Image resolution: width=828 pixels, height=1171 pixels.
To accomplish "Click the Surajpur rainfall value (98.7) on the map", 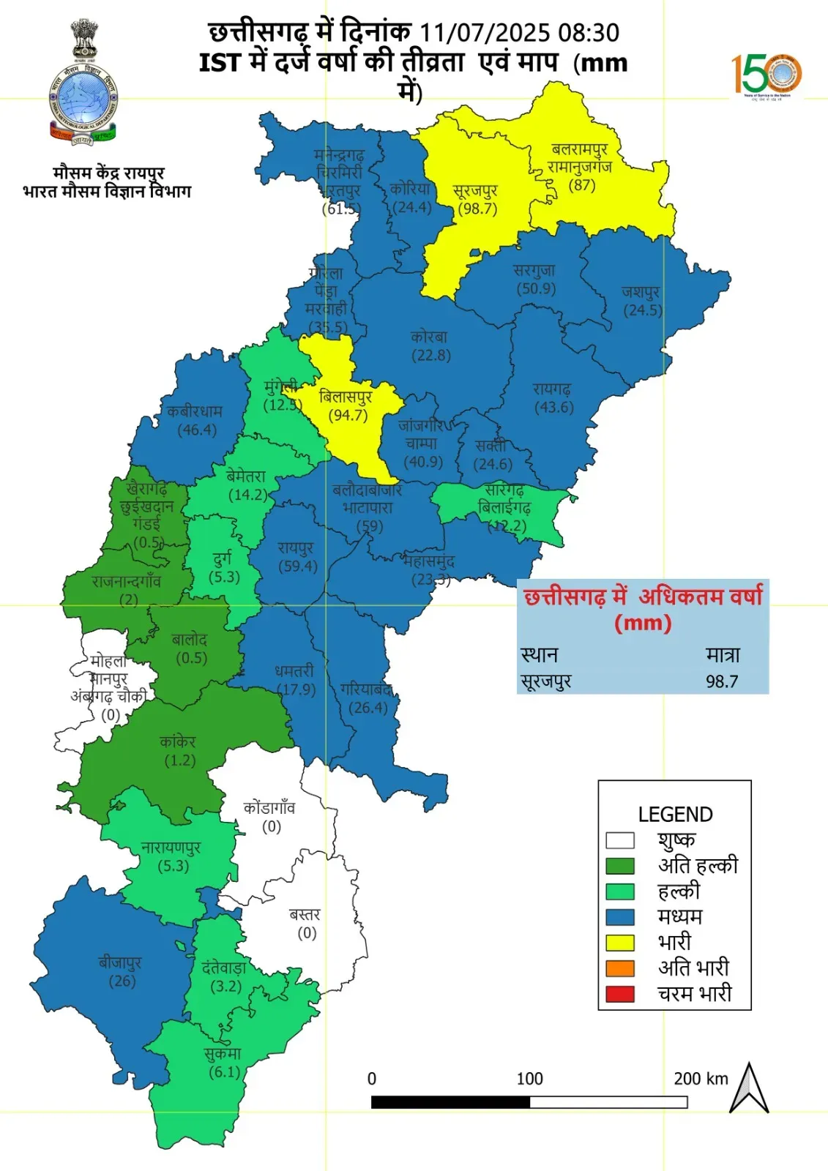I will pyautogui.click(x=477, y=209).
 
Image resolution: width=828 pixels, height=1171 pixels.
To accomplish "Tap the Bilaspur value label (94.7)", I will pyautogui.click(x=348, y=415).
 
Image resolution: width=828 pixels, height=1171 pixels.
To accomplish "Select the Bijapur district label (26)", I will pyautogui.click(x=122, y=981).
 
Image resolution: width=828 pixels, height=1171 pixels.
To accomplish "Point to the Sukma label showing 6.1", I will pyautogui.click(x=224, y=1071).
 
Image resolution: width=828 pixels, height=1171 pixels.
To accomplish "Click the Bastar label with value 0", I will pyautogui.click(x=306, y=932).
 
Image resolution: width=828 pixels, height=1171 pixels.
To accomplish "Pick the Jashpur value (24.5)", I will pyautogui.click(x=642, y=310).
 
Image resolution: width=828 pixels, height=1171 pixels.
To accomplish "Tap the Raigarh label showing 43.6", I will pyautogui.click(x=553, y=407).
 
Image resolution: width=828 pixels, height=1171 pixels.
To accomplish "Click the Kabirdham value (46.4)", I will pyautogui.click(x=197, y=430).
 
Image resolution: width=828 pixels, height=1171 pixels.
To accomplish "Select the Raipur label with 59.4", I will pyautogui.click(x=297, y=566).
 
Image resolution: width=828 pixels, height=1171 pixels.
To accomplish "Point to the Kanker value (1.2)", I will pyautogui.click(x=179, y=760).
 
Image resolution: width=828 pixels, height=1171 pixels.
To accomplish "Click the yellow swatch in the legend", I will pyautogui.click(x=619, y=942).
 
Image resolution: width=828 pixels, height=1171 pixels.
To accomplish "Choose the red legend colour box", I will pyautogui.click(x=619, y=993).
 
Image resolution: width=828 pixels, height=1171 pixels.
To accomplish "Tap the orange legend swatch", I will pyautogui.click(x=619, y=968).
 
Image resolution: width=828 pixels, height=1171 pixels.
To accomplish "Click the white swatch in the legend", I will pyautogui.click(x=619, y=839).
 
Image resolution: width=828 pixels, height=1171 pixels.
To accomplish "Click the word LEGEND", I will pyautogui.click(x=675, y=815).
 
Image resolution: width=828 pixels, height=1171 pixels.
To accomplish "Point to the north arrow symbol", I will pyautogui.click(x=748, y=1089).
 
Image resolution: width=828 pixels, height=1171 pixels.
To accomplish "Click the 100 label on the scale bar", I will pyautogui.click(x=529, y=1079).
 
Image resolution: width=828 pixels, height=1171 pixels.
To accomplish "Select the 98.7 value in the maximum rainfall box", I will pyautogui.click(x=721, y=681).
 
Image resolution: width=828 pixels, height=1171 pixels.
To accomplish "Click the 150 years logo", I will pyautogui.click(x=767, y=75).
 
